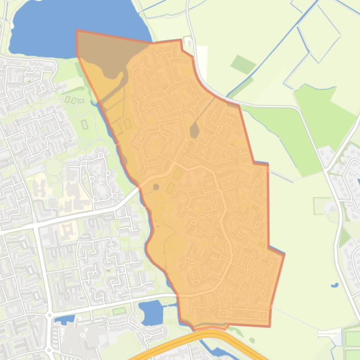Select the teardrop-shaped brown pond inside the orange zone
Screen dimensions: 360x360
click(194, 130)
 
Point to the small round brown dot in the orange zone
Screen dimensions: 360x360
click(156, 187)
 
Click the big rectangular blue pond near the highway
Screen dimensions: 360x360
click(151, 312)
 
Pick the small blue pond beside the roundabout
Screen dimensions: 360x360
click(64, 320)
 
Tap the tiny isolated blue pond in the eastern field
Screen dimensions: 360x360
click(334, 285)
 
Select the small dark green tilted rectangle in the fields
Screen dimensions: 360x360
click(243, 65)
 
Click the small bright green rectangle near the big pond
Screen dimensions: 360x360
click(119, 311)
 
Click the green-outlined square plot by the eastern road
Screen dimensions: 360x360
click(322, 206)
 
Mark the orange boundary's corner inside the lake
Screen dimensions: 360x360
click(77, 31)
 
